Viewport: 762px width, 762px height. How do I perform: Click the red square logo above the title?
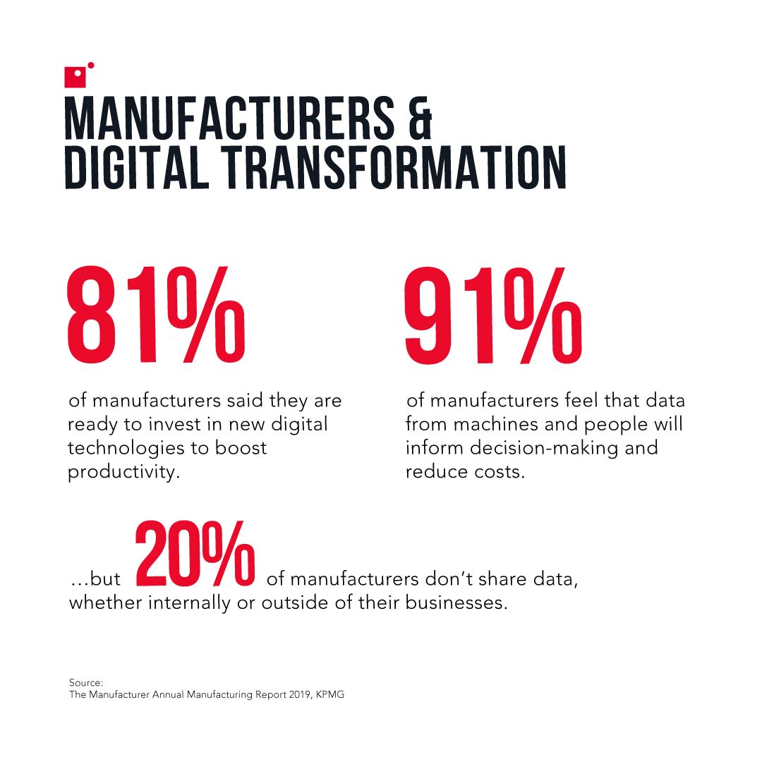[75, 77]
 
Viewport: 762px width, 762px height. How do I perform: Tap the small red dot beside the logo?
[90, 66]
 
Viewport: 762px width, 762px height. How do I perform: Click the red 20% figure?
[195, 557]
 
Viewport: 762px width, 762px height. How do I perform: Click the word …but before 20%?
[95, 581]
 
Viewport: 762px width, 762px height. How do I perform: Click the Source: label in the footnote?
[86, 682]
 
